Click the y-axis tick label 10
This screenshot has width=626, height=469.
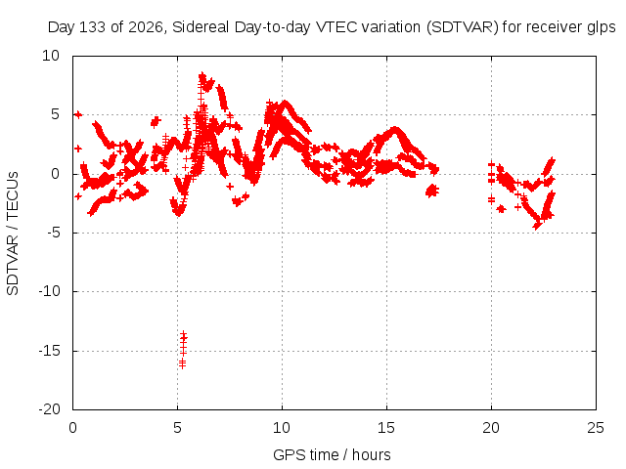coord(51,56)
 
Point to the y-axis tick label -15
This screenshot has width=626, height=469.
coord(50,351)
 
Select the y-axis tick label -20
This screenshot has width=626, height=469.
coord(50,409)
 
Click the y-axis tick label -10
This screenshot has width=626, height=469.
coord(50,291)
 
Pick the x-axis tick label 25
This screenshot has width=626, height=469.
coord(596,428)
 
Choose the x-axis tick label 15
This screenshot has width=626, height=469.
coord(386,428)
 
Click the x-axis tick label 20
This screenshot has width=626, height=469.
coord(491,428)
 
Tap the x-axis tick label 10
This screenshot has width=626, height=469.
coord(282,428)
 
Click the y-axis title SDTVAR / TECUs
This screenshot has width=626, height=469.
coord(13,234)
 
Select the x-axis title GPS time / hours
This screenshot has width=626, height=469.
coord(332,454)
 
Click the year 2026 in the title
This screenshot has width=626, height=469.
coord(146,27)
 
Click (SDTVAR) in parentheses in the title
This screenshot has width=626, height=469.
coord(463,27)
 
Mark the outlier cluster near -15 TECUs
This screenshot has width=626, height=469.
coord(183,350)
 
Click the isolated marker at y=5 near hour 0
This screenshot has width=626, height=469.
coord(78,115)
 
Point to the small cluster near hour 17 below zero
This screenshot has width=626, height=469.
coord(432,191)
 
